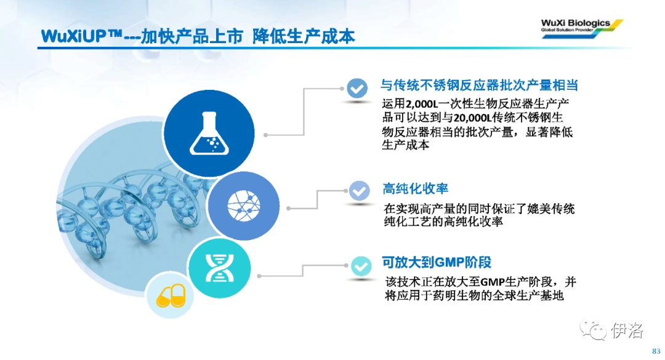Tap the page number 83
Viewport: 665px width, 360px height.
[x=656, y=351]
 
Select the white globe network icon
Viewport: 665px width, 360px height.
[x=244, y=206]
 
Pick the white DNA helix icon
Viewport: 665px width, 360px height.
[x=219, y=268]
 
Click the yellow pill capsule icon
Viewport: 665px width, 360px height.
[x=171, y=295]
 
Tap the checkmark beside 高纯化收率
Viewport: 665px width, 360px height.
[x=359, y=191]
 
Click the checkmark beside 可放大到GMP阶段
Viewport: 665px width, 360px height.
[x=361, y=266]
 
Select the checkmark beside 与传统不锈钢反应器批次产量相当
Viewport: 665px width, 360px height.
[x=357, y=89]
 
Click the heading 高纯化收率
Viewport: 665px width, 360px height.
[x=415, y=189]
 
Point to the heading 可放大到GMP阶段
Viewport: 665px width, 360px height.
[x=437, y=263]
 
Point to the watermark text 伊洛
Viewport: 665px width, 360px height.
[x=627, y=330]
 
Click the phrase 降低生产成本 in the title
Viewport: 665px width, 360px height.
[x=304, y=36]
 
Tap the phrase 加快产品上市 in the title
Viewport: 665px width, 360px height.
[x=191, y=36]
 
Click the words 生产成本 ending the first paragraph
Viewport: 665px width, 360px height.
[x=405, y=145]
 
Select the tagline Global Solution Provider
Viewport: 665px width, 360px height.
[x=567, y=30]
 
